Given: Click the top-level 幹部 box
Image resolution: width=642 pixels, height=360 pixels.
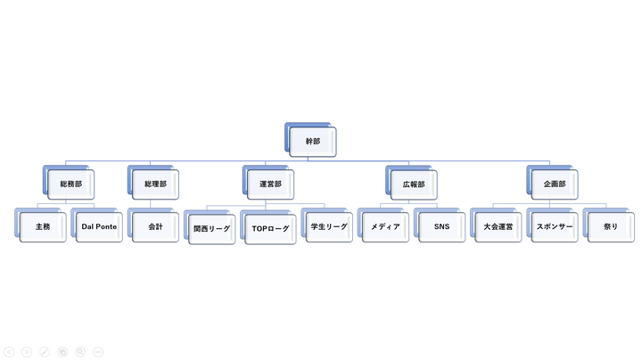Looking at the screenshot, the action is pyautogui.click(x=313, y=142).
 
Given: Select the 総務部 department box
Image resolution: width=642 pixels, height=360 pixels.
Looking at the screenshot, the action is pyautogui.click(x=70, y=184).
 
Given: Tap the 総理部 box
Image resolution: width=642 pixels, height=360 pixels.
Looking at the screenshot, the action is pyautogui.click(x=155, y=184).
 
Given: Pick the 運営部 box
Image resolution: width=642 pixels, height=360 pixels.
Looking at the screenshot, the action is pyautogui.click(x=271, y=184).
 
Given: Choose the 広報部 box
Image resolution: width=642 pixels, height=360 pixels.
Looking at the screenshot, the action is pyautogui.click(x=414, y=184).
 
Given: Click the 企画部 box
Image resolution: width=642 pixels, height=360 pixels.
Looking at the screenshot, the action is pyautogui.click(x=555, y=184).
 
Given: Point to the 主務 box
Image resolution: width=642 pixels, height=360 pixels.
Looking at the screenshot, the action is pyautogui.click(x=43, y=227).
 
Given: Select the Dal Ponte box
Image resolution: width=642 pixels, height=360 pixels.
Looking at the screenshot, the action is pyautogui.click(x=99, y=227).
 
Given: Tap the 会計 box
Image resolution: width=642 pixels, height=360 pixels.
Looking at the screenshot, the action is pyautogui.click(x=155, y=227).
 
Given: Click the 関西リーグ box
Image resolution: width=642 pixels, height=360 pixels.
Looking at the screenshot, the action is pyautogui.click(x=212, y=229).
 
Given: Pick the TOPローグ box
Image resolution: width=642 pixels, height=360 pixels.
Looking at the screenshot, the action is pyautogui.click(x=271, y=229).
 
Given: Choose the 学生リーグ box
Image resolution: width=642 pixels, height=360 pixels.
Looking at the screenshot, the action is pyautogui.click(x=329, y=227).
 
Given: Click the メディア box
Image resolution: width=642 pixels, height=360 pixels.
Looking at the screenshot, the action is pyautogui.click(x=385, y=227).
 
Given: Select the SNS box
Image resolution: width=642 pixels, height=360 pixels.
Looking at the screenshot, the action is pyautogui.click(x=441, y=227).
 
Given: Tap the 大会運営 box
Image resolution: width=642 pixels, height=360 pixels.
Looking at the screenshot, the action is pyautogui.click(x=498, y=227).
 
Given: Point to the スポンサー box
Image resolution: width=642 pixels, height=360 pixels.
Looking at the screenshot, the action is pyautogui.click(x=555, y=227).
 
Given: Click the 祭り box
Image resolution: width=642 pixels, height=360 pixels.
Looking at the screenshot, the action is pyautogui.click(x=611, y=227).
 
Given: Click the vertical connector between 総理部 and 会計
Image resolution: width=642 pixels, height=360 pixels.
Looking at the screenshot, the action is pyautogui.click(x=151, y=204).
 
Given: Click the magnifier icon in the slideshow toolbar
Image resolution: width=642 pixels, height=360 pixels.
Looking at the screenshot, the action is pyautogui.click(x=80, y=352).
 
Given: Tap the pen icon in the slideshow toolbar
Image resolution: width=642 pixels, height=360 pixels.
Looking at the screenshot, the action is pyautogui.click(x=45, y=352).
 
